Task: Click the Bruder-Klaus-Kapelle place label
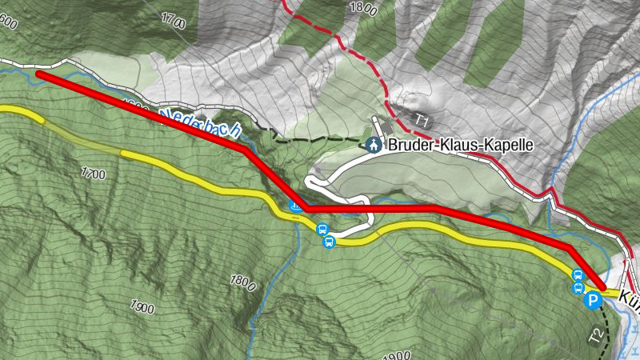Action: [x=460, y=146]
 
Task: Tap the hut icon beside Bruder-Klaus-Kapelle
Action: [x=372, y=145]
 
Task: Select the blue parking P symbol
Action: [x=593, y=301]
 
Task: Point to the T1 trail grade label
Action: [x=422, y=120]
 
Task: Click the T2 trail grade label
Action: [x=594, y=336]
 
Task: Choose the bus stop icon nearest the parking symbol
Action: [x=578, y=288]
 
